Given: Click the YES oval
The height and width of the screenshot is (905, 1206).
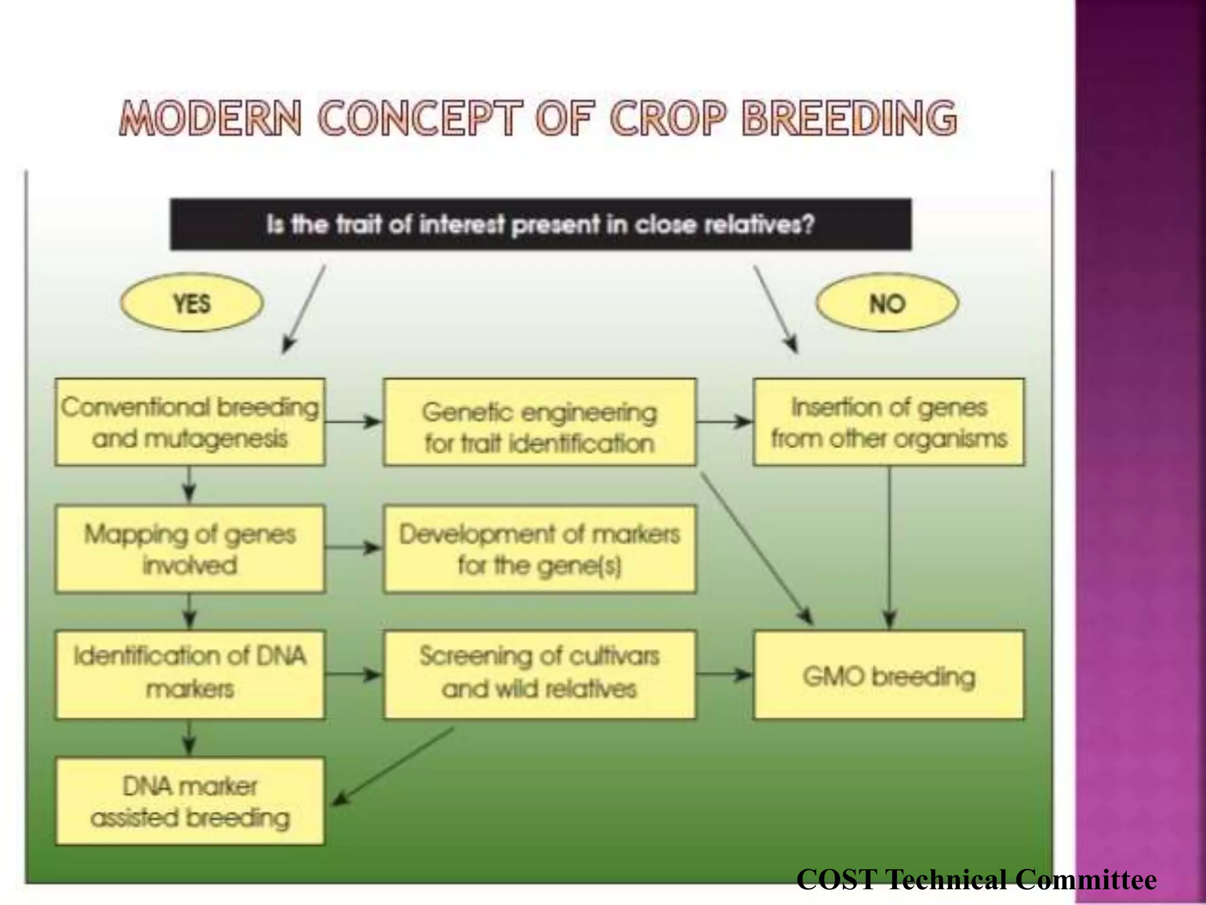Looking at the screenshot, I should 191,303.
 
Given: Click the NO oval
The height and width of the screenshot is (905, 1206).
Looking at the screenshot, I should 887,303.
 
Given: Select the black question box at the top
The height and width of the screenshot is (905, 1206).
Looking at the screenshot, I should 541,224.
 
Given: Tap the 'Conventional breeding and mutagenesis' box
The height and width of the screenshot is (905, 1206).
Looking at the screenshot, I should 190,422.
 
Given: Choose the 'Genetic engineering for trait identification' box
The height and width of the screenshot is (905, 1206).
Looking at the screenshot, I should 539,422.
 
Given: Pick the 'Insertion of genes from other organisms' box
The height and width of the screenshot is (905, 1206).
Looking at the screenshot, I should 889,422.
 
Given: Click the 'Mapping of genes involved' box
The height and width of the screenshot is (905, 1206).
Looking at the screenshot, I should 190,549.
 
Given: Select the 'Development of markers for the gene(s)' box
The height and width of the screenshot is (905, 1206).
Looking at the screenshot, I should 539,549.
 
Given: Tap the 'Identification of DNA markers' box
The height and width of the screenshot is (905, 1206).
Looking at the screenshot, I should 190,675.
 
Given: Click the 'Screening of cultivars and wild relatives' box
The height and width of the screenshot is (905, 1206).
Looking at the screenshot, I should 539,675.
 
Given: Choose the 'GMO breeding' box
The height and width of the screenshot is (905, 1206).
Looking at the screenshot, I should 889,675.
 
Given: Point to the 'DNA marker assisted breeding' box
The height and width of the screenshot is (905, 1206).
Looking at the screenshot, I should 190,801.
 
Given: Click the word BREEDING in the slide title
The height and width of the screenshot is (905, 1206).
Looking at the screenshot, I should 849,118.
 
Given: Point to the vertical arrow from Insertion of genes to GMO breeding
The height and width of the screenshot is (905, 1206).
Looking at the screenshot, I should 889,548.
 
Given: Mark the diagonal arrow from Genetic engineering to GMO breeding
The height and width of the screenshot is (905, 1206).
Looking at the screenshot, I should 756,548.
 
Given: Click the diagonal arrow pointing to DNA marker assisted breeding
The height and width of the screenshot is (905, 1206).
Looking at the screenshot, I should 393,766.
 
